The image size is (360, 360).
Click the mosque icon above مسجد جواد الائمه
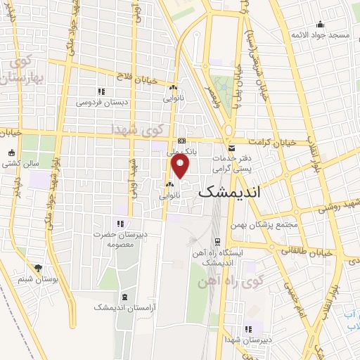[x=321, y=23]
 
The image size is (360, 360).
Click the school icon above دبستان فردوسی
[x=101, y=91]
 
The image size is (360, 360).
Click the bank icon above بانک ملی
[x=181, y=141]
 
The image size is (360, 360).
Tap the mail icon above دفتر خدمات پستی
[x=232, y=148]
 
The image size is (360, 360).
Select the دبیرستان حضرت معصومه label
[x=120, y=239]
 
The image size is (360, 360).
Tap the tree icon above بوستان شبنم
[x=37, y=268]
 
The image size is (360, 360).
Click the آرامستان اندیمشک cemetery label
[x=123, y=307]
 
